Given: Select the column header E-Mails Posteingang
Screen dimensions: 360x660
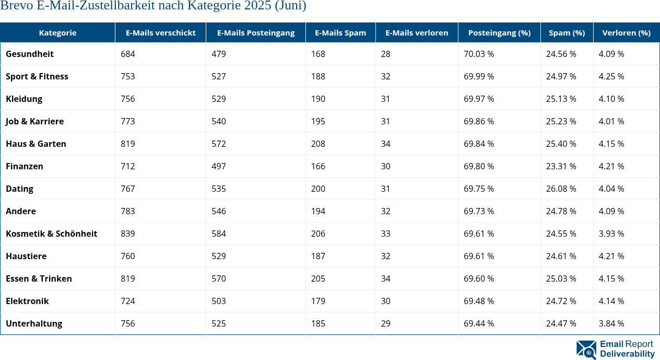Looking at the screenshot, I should coord(256,32).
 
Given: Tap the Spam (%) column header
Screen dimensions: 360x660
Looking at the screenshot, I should coord(567,32).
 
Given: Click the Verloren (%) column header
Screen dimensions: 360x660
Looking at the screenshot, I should coord(626,32).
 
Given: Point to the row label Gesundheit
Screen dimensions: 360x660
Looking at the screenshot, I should coord(30,54).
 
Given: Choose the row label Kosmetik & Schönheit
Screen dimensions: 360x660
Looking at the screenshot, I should coord(51,234).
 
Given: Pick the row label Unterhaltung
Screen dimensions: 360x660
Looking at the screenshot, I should coord(34,323).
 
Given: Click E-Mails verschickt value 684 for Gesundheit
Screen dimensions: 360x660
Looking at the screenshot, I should coord(127,54).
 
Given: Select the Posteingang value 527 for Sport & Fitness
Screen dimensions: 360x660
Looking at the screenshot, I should coord(219,76).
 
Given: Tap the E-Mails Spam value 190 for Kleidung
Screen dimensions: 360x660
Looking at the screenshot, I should coord(318,99).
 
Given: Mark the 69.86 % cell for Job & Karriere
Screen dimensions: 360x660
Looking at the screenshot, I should coord(479,121).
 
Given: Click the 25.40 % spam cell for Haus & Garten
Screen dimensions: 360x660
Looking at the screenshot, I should coord(561,144).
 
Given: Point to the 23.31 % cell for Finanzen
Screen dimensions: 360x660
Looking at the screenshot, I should coord(561,166).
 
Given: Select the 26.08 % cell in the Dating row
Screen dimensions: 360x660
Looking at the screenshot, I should coord(561,189).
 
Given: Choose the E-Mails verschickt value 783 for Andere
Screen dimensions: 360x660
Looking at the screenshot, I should coord(127,211).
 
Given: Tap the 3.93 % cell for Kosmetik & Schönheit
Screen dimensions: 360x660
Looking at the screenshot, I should coord(611,234).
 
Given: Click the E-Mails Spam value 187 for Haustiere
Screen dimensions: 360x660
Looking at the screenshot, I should coord(318,256).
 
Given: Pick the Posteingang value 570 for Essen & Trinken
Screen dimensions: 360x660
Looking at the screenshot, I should coord(219,278).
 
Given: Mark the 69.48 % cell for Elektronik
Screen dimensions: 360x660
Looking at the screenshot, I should coord(479,301).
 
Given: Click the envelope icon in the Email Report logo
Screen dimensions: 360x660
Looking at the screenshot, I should coord(586,350).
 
